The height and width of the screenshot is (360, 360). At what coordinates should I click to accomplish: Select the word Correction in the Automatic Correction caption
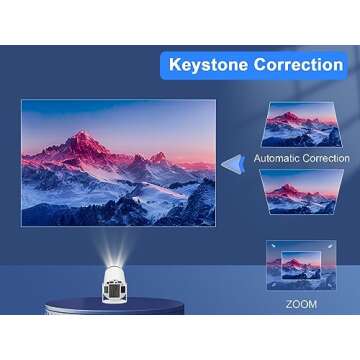click(x=325, y=158)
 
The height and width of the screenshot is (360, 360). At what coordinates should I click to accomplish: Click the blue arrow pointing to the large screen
click(x=232, y=163)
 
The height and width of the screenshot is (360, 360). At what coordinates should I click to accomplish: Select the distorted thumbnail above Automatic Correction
click(x=301, y=126)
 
